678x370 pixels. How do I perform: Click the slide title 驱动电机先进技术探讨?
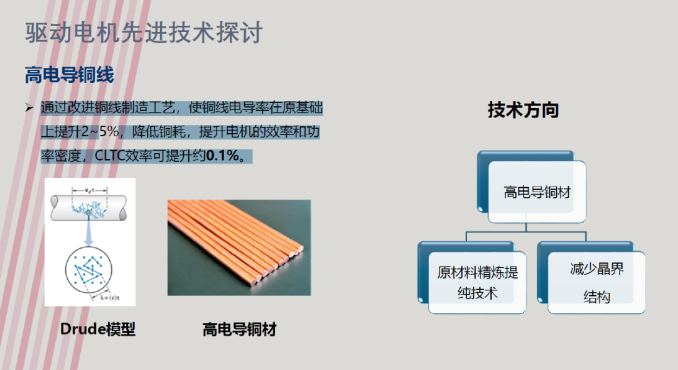(x=144, y=33)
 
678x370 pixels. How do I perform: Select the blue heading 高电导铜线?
(x=69, y=75)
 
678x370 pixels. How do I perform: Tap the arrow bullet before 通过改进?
(x=29, y=107)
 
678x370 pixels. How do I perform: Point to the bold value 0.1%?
(x=223, y=155)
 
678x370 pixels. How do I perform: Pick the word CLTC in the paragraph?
(x=109, y=155)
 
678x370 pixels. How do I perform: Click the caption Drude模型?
(x=98, y=329)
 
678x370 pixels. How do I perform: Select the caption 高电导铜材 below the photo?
(x=239, y=330)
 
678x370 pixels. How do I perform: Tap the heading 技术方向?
(x=523, y=110)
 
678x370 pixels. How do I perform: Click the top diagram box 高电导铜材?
(x=532, y=187)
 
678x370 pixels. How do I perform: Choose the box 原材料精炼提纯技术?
(x=472, y=278)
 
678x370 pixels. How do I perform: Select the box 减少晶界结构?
(x=591, y=278)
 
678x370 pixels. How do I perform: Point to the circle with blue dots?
(x=89, y=269)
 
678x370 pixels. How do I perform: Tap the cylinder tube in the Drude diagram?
(x=89, y=208)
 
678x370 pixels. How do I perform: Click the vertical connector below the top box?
(x=526, y=227)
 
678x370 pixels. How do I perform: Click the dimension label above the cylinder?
(x=90, y=190)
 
